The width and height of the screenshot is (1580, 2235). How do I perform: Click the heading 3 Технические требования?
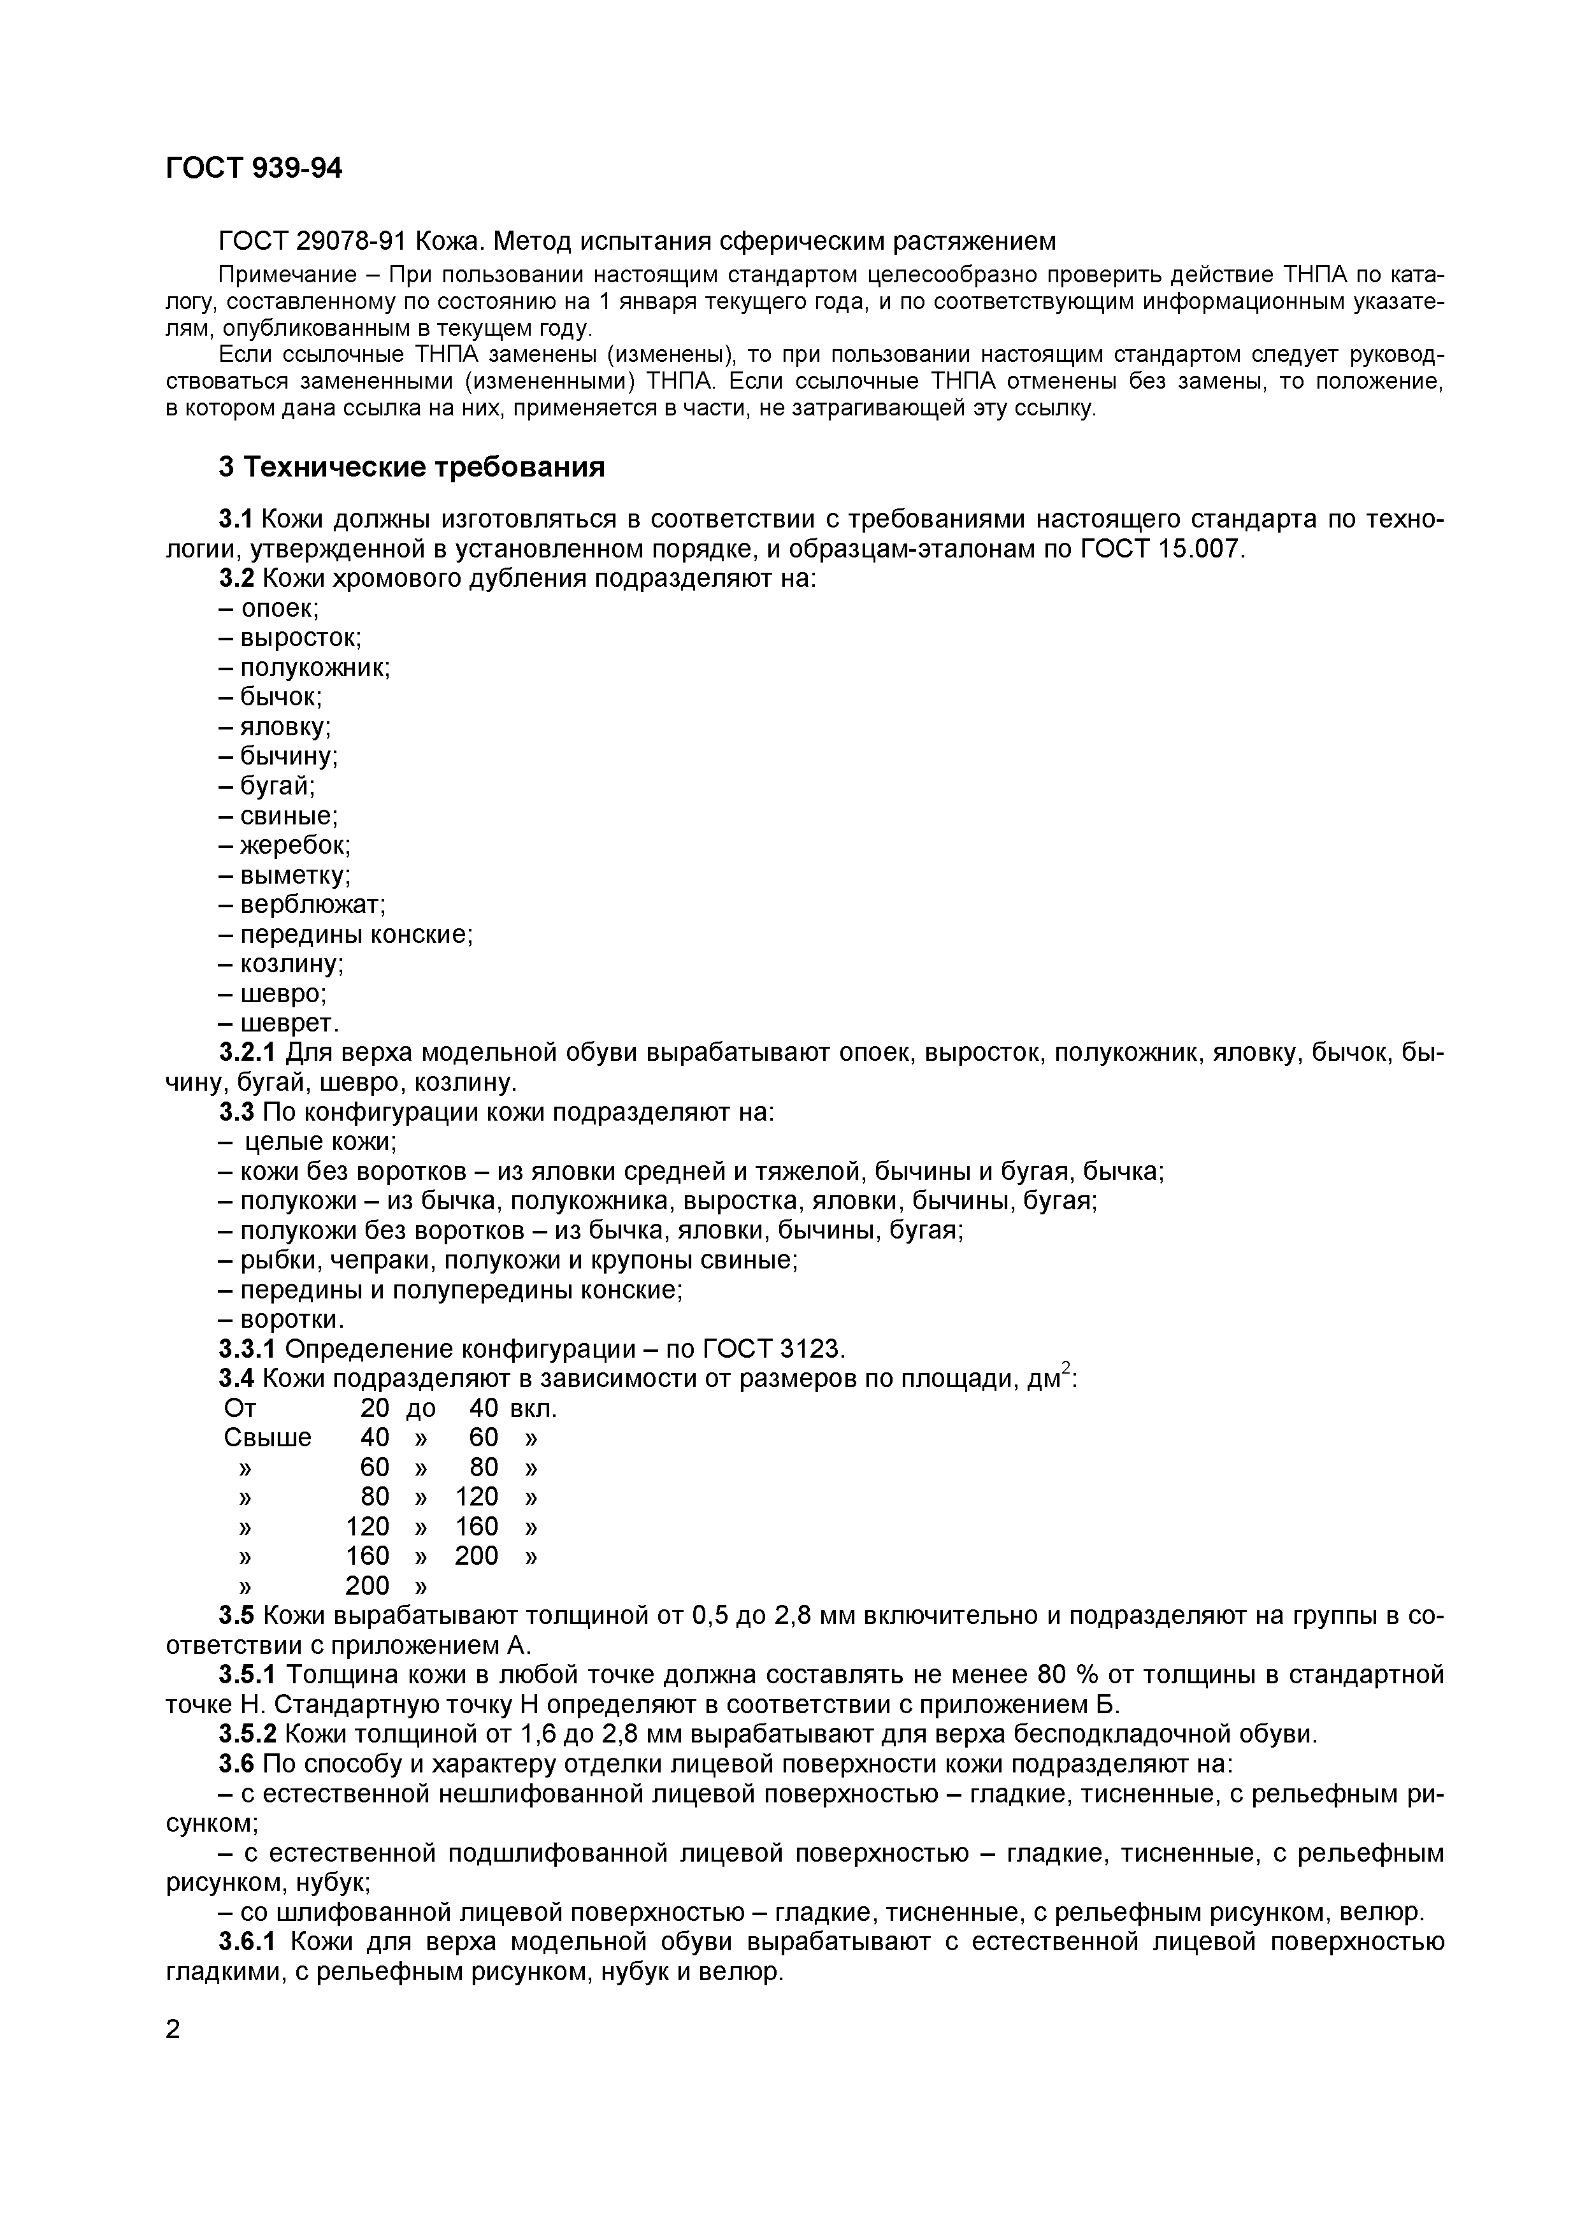tap(411, 467)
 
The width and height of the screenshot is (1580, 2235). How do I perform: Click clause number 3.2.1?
tap(247, 1053)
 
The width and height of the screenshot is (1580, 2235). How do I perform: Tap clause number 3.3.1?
tap(247, 1349)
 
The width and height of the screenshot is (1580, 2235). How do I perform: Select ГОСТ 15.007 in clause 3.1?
tap(1160, 549)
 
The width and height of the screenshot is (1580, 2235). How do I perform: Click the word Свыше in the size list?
tap(268, 1438)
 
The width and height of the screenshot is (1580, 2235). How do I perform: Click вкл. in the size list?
tap(533, 1409)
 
